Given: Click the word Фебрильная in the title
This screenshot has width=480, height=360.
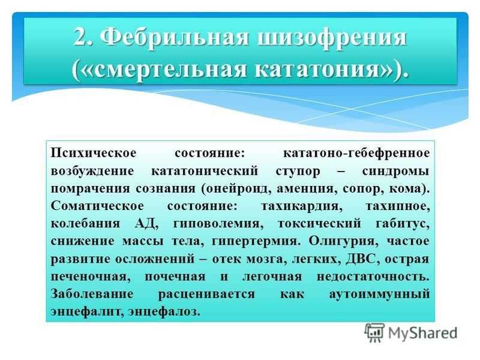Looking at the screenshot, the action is (174, 38).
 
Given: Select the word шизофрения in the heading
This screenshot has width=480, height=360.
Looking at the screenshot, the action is (332, 38).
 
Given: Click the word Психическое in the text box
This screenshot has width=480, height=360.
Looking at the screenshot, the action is (94, 153).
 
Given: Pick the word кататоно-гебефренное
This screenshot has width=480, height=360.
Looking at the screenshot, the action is (356, 153).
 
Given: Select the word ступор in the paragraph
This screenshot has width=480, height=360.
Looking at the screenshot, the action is (298, 171).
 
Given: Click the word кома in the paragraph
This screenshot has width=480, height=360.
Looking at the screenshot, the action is (406, 188).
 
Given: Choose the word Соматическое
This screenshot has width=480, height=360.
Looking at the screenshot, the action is (97, 206).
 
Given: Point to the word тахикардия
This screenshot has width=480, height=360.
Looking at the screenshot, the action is (302, 206).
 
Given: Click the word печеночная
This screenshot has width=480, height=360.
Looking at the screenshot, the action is (91, 277).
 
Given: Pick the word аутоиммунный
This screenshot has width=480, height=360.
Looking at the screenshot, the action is (380, 294).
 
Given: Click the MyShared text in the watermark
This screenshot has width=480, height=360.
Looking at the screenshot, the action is (423, 333).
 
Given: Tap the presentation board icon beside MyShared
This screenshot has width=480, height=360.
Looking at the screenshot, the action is (374, 332).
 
